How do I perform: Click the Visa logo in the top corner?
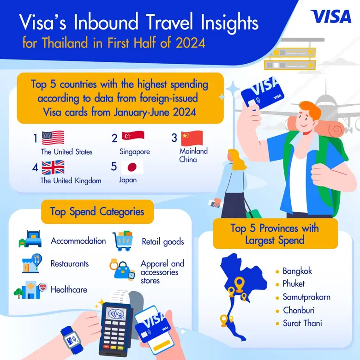click(330, 16)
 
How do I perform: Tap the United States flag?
click(53, 138)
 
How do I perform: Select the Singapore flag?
click(133, 138)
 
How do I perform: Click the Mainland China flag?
click(192, 138)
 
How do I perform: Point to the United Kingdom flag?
click(53, 168)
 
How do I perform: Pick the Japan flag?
click(132, 167)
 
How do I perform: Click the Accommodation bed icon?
click(30, 239)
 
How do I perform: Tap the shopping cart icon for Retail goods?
click(123, 240)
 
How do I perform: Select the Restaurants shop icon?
click(32, 264)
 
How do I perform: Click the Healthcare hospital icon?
click(30, 290)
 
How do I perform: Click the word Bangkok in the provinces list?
click(297, 271)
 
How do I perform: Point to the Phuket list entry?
click(294, 284)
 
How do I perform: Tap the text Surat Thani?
click(302, 323)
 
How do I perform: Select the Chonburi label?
click(299, 311)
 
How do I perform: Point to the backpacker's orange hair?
click(310, 109)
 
